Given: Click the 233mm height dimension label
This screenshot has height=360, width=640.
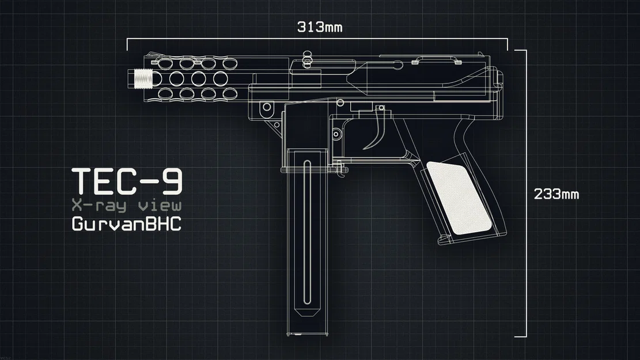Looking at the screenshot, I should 556,194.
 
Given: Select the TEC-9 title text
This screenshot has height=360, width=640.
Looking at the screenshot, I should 127,181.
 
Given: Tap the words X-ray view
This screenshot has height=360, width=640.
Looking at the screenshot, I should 126,206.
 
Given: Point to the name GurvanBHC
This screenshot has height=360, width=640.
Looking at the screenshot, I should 126,224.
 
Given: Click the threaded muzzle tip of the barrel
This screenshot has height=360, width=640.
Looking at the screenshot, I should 140,78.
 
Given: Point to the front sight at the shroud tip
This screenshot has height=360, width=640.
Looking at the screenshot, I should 153,55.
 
